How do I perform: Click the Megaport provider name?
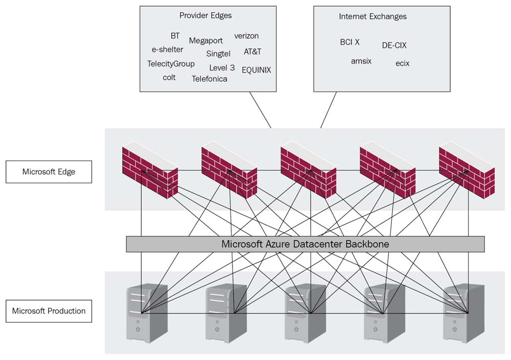[206, 41]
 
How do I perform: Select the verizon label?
[246, 36]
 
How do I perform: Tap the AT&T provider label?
[252, 52]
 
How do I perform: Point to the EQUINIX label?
[257, 70]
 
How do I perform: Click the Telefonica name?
[210, 79]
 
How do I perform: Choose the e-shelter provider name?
[167, 50]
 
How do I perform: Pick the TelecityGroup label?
[171, 64]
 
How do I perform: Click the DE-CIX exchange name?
[394, 45]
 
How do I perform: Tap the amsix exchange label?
[361, 61]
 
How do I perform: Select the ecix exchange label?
[402, 63]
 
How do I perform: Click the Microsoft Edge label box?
[49, 172]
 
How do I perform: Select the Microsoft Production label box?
[49, 311]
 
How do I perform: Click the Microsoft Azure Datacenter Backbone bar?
[305, 244]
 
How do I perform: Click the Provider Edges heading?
[205, 15]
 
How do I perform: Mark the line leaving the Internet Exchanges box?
[329, 110]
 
